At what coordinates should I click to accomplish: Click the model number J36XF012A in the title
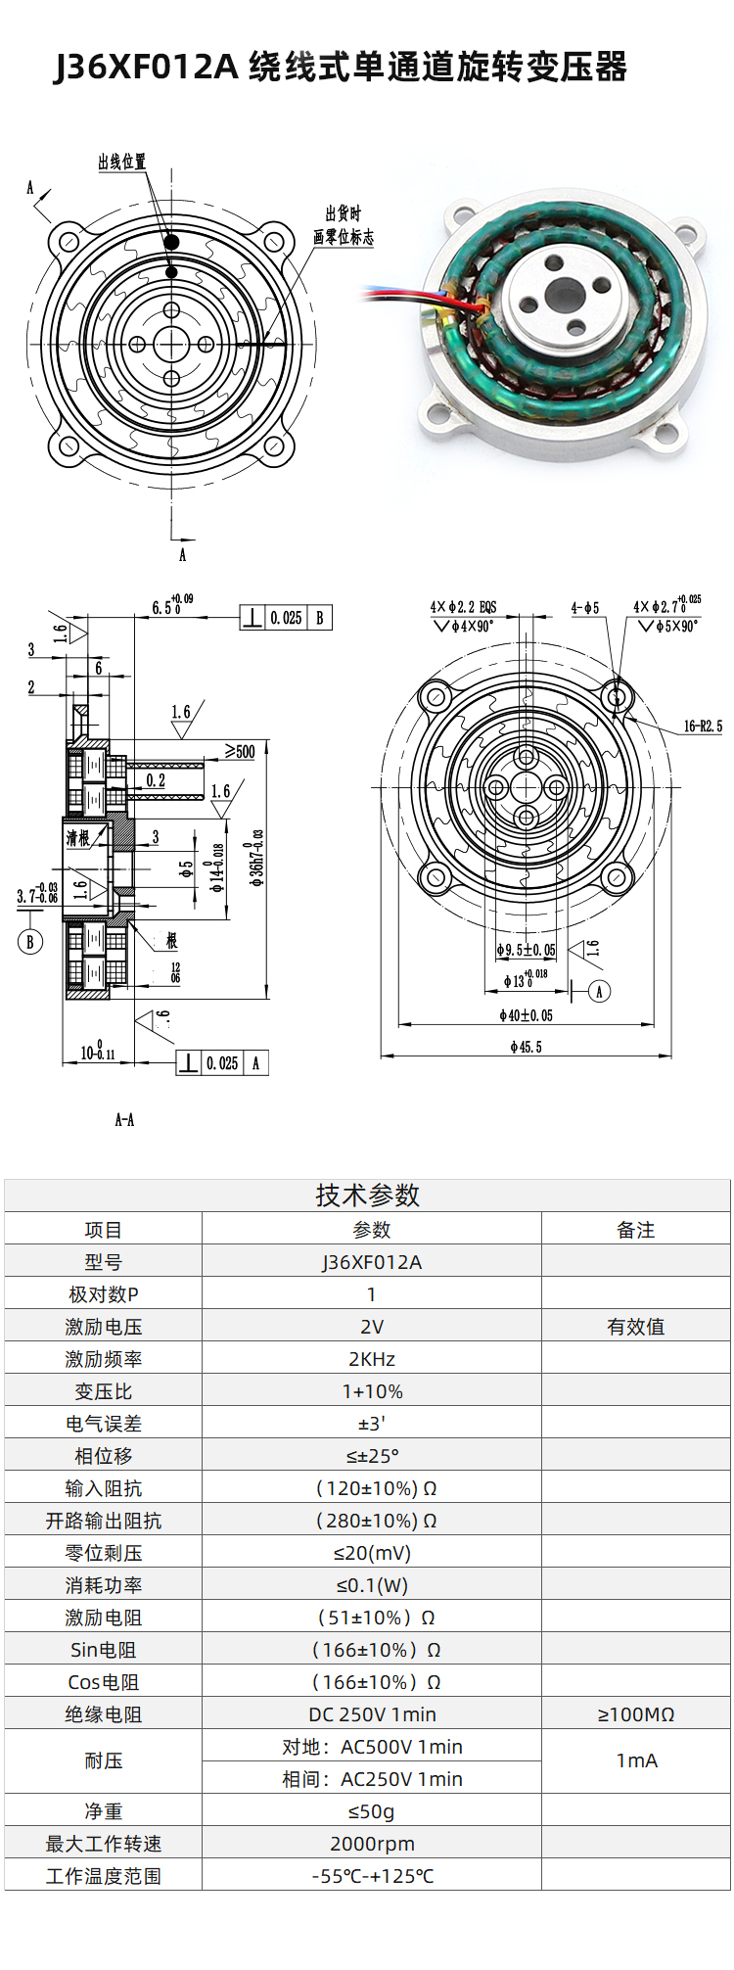click(147, 68)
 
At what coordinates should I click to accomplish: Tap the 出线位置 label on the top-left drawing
click(121, 162)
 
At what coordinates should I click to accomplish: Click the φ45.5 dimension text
click(526, 1047)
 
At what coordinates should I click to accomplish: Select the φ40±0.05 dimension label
click(526, 1015)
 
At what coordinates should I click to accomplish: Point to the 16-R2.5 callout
click(703, 727)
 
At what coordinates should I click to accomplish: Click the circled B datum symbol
click(30, 942)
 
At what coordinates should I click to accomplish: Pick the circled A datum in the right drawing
click(600, 991)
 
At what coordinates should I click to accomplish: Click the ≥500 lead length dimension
click(240, 751)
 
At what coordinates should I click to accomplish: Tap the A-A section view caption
click(124, 1119)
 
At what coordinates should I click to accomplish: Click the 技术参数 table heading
click(367, 1195)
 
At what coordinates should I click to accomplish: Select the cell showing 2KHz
click(372, 1359)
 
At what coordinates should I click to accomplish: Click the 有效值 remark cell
click(635, 1327)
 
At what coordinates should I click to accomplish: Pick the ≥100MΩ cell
click(635, 1714)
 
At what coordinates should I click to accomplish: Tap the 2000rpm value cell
click(372, 1844)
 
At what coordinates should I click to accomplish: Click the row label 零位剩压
click(103, 1553)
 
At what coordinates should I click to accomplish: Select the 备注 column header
click(635, 1230)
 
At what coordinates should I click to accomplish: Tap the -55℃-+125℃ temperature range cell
click(372, 1876)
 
